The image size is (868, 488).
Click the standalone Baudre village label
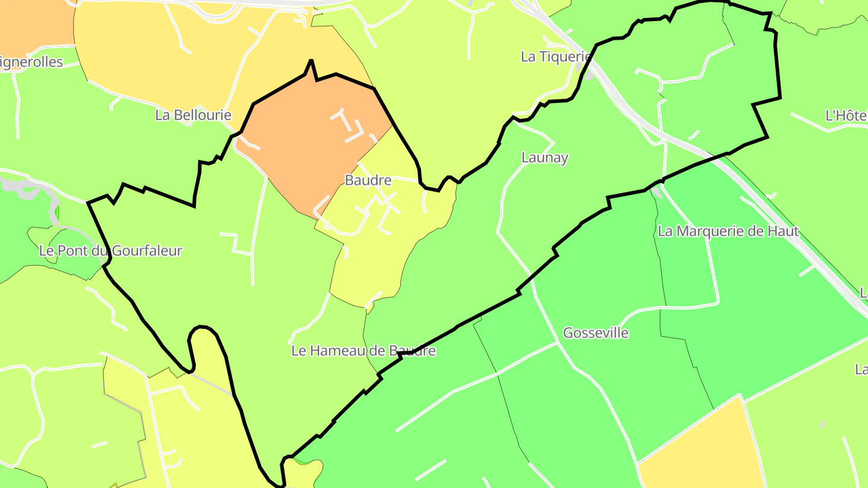tap(368, 180)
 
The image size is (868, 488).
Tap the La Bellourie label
tap(193, 115)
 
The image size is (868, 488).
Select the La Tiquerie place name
tap(555, 57)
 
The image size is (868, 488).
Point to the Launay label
tap(545, 158)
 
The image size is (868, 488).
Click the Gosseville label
tap(596, 333)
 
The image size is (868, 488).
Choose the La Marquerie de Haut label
tap(728, 231)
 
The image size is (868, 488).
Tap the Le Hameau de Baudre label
tap(363, 351)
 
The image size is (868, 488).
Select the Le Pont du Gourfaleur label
tap(110, 251)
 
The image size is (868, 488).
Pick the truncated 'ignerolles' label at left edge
tap(31, 62)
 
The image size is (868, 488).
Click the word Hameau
tap(342, 351)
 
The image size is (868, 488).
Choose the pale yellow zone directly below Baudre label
tap(374, 259)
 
